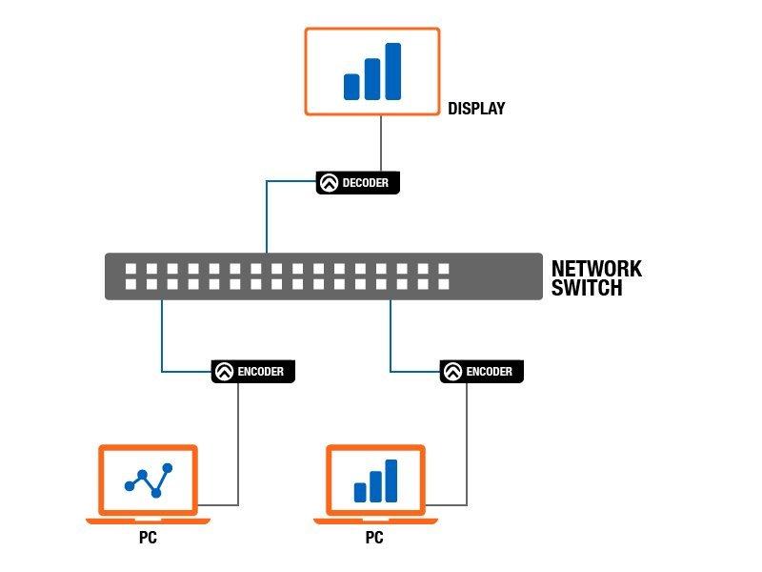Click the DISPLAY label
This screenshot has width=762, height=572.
(x=476, y=108)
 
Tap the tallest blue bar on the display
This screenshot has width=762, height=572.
(x=393, y=71)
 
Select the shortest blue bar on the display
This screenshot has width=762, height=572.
(x=351, y=87)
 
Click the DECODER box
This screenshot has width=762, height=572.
(x=358, y=183)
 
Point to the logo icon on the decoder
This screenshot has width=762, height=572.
(x=329, y=183)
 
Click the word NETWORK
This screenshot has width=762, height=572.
(x=597, y=269)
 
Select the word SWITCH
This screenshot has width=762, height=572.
(x=587, y=288)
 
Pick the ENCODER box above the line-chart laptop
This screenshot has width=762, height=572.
(x=253, y=372)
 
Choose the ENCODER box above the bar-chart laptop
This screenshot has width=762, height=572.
(x=482, y=372)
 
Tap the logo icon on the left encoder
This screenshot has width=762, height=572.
(x=224, y=372)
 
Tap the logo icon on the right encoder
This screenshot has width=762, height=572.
(x=452, y=372)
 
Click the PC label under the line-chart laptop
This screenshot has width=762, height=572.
(x=149, y=538)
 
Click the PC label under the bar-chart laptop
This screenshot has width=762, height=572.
(x=374, y=538)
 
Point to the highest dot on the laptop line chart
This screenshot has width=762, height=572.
(x=168, y=468)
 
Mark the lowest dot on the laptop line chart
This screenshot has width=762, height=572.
(x=156, y=493)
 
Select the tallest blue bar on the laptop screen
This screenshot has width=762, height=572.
(x=391, y=480)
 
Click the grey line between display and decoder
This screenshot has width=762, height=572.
(x=381, y=144)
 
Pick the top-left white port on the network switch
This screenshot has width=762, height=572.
(x=130, y=269)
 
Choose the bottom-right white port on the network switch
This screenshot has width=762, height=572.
(x=444, y=284)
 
